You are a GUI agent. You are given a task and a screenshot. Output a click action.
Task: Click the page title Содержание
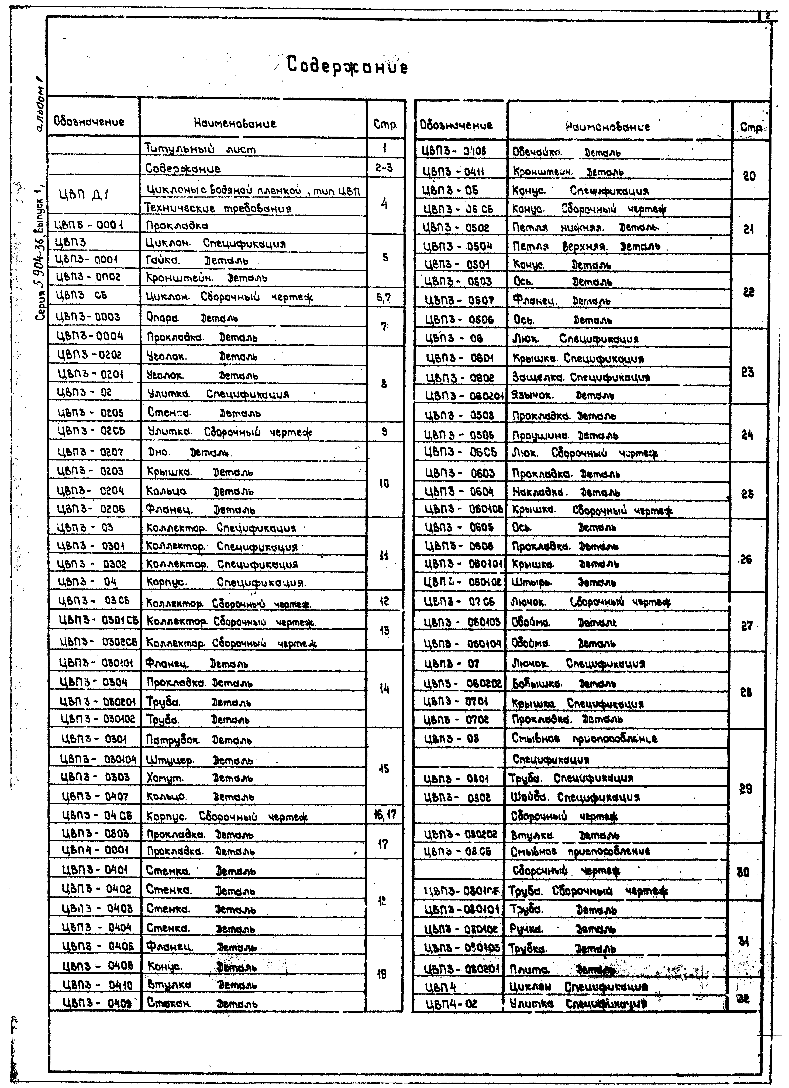click(x=347, y=66)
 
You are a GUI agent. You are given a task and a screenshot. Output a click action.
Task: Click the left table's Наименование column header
click(x=235, y=123)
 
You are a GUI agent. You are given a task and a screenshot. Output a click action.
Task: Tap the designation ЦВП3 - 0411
click(x=454, y=171)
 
